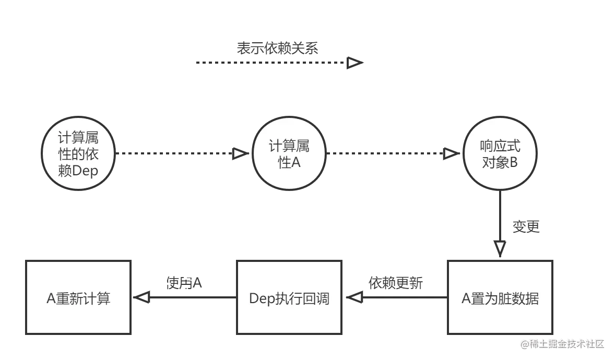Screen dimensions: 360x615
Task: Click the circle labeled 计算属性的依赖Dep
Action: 78,154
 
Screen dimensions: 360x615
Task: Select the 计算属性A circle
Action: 289,154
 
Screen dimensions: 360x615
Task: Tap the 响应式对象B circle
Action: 500,154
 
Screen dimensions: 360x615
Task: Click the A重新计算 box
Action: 78,298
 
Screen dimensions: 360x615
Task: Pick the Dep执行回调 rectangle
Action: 289,298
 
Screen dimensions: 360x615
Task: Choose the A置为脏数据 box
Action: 500,298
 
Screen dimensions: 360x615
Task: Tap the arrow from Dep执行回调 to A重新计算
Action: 188,298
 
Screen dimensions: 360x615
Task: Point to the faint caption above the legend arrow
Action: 277,49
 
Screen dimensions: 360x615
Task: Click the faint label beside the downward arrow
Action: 526,226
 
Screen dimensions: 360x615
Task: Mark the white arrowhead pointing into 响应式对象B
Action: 450,153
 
